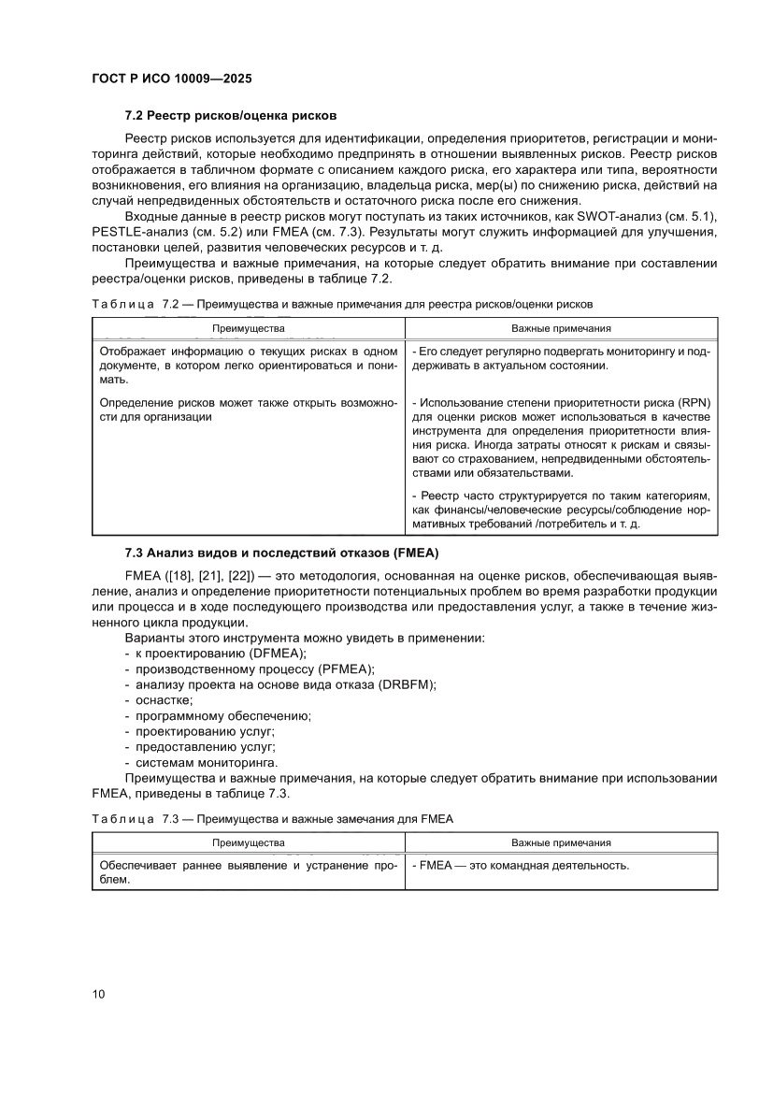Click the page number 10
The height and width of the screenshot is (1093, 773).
98,993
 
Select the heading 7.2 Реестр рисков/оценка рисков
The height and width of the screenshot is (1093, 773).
231,116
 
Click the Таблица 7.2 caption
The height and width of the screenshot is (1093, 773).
342,304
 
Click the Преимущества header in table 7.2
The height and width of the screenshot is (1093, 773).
248,329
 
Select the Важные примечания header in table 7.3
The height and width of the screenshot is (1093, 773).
561,842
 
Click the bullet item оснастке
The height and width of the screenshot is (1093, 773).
159,699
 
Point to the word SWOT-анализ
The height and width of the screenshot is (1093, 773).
608,219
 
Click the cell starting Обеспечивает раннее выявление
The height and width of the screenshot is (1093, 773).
248,873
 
